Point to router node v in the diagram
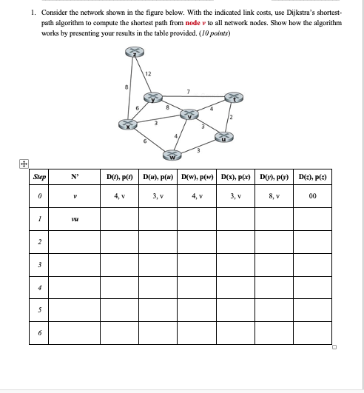[x=191, y=114]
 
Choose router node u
[x=225, y=136]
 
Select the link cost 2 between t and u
[x=231, y=118]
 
